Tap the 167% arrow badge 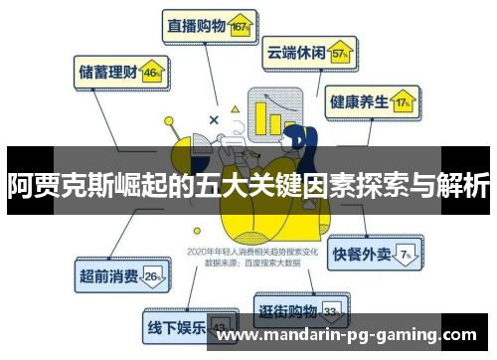[238, 27]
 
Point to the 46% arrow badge [152, 72]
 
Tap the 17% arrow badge [403, 101]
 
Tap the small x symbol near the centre [214, 119]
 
